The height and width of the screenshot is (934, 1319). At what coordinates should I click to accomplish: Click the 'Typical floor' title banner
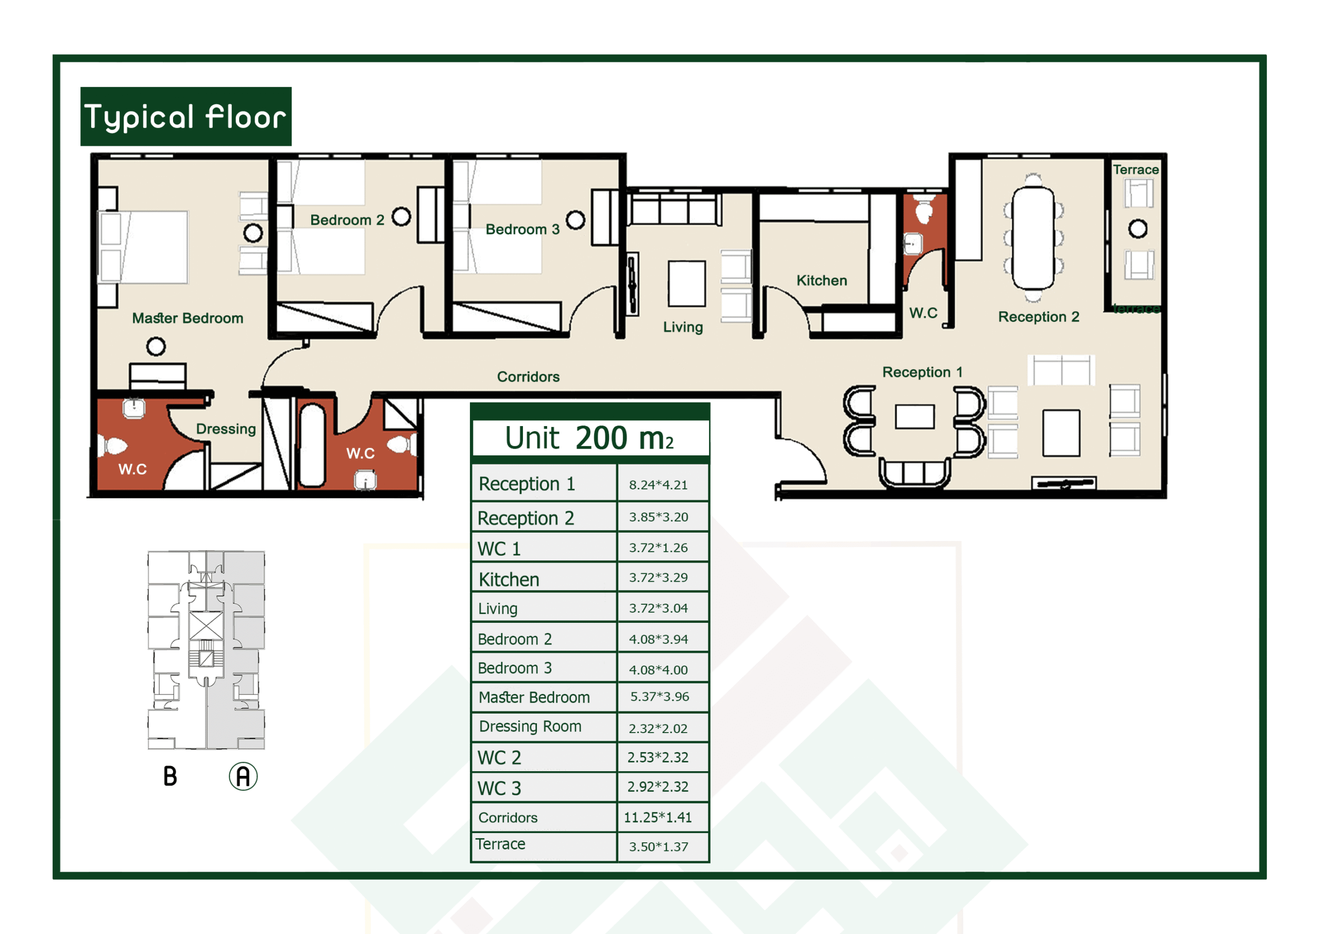(x=186, y=116)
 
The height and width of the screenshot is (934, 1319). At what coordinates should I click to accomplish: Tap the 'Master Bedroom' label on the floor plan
(x=188, y=318)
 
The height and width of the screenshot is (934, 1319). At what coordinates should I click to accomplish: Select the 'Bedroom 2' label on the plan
(x=347, y=219)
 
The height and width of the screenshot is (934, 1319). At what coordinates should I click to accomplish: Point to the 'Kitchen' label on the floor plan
(x=821, y=280)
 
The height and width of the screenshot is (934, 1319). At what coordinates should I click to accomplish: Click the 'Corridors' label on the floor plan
(x=528, y=377)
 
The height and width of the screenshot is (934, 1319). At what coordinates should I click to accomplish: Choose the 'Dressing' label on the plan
(x=226, y=429)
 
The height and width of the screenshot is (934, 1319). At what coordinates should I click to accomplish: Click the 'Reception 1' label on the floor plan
(x=922, y=372)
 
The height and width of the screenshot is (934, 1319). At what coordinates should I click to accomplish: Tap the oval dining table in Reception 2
(x=1033, y=237)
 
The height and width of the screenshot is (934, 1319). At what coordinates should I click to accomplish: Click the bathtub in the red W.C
(x=312, y=445)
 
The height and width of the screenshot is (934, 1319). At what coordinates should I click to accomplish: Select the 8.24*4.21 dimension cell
(x=658, y=485)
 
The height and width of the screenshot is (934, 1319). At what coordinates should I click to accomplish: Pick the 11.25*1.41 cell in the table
(x=657, y=817)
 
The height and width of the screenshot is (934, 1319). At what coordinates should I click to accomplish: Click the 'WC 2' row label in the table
(x=499, y=757)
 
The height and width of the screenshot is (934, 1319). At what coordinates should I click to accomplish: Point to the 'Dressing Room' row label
(x=530, y=726)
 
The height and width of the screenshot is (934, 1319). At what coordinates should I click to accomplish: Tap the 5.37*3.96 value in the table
(x=659, y=697)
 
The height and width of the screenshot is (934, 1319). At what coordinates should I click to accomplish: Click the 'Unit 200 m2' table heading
(x=589, y=438)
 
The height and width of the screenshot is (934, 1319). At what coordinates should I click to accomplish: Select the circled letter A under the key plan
(x=243, y=776)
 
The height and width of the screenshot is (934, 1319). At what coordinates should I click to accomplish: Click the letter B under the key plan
(x=170, y=776)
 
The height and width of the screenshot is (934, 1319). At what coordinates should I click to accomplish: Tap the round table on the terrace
(x=1137, y=229)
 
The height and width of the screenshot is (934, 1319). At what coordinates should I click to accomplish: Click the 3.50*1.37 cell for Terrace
(x=658, y=846)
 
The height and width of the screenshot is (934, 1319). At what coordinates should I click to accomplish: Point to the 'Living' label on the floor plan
(x=683, y=327)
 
